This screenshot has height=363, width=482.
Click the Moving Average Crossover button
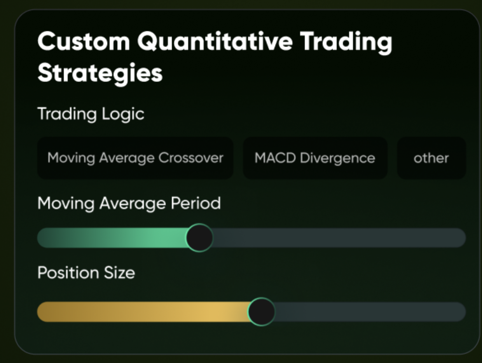point(135,158)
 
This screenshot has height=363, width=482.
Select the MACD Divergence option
point(315,158)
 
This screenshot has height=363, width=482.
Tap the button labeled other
point(431,158)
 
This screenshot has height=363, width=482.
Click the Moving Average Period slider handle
point(199,238)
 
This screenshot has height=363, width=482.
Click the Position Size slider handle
point(261,312)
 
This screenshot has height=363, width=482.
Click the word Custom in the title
point(84,41)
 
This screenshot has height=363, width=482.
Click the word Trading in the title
point(346,43)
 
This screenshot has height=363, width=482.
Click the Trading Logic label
point(91,114)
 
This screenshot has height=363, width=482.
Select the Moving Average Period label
point(129,203)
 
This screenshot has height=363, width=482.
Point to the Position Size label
point(86,273)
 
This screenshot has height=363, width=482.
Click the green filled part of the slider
point(112,238)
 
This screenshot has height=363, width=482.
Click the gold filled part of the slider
point(143,312)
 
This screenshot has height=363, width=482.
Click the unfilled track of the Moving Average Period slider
point(339,238)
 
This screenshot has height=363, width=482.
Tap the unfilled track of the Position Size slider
point(370,312)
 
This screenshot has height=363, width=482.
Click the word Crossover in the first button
point(191,158)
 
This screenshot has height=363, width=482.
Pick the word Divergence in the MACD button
point(337,158)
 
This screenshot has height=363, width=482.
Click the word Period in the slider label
point(196,203)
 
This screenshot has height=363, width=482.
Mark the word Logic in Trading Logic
point(123,114)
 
